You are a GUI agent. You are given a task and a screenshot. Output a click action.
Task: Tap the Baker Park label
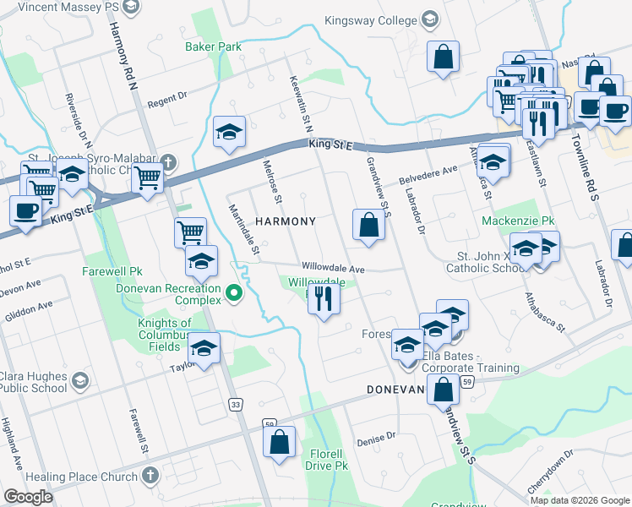coord(213,46)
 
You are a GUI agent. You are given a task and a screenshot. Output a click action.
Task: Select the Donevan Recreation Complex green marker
coord(236,294)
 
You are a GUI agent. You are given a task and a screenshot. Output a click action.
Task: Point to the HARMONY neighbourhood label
coord(286,221)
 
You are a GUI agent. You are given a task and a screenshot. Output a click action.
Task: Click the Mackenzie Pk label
coord(518,221)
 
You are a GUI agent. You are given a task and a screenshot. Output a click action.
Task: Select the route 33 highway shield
coord(235,405)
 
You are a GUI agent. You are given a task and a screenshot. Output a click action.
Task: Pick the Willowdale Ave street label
coord(333,269)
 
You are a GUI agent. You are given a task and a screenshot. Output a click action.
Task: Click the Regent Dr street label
coord(166,101)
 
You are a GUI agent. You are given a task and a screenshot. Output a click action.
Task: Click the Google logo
coord(28,497)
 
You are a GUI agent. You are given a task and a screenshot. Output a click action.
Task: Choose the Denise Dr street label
coord(377,439)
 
